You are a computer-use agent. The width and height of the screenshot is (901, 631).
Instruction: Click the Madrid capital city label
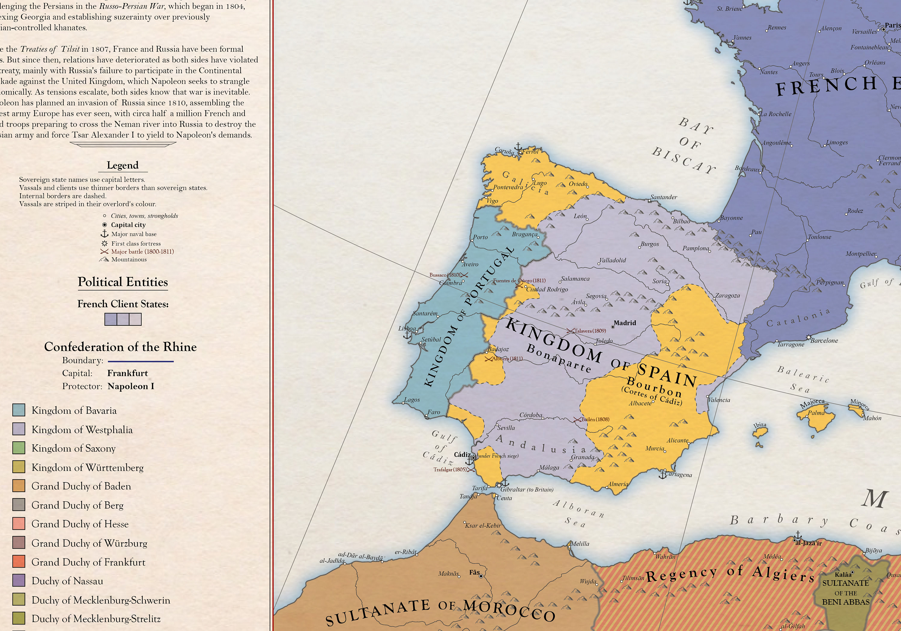coord(624,323)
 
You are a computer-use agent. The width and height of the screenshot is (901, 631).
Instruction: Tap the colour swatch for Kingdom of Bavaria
coord(19,410)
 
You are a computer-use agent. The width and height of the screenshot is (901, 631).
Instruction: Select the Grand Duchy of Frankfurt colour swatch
coord(19,562)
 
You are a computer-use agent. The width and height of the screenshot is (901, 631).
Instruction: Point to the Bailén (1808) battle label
coord(595,419)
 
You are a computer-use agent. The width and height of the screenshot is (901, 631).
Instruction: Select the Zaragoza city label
coord(727,295)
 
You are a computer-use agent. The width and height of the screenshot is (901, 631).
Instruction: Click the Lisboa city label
coord(407,328)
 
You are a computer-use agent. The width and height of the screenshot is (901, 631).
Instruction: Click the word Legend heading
coord(123,165)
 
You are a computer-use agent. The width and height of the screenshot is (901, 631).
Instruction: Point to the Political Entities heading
coord(123,282)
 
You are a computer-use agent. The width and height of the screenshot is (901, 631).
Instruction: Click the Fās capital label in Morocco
coord(474,572)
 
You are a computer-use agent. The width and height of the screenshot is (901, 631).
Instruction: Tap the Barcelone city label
coord(824,340)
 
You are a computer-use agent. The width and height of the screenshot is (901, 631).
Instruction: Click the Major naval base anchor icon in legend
coord(105,234)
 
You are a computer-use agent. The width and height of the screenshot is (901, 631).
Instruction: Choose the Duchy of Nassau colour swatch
coord(19,580)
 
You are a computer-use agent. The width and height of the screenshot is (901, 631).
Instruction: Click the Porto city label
coord(480,237)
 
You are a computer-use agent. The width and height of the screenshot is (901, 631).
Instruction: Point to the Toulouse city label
coord(819,237)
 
